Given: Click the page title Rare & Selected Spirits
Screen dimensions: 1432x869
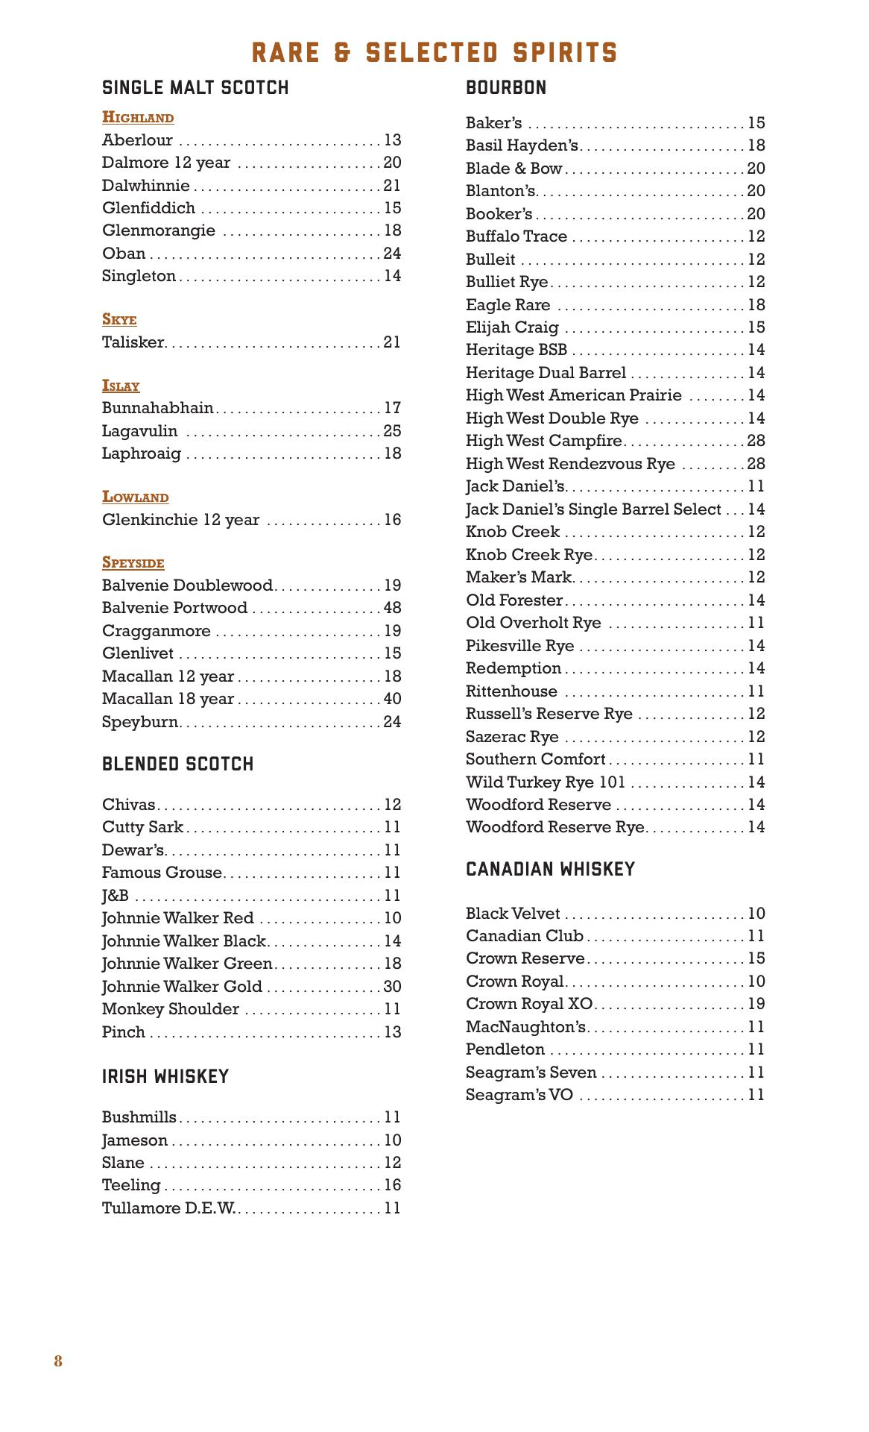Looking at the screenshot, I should [434, 53].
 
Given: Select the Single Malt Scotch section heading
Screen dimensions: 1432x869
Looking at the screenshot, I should [195, 88].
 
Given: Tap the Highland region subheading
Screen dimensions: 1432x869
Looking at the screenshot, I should [138, 118].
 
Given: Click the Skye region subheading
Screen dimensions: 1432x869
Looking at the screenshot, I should [119, 320].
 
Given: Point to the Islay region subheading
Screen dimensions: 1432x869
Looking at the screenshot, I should [121, 386].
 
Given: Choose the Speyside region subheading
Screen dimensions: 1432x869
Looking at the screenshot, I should [133, 563].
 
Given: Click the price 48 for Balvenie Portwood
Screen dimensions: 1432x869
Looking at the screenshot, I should [392, 608].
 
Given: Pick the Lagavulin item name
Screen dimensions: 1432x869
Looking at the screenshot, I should [140, 431].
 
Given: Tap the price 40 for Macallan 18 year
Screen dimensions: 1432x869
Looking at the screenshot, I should [392, 699].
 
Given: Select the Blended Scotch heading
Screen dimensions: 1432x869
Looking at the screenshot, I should [177, 764].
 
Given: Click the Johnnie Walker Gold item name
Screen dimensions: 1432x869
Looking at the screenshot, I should [182, 987].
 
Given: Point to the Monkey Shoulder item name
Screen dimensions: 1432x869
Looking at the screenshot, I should [171, 1009].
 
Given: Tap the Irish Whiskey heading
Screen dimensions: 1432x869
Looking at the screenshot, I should [165, 1077].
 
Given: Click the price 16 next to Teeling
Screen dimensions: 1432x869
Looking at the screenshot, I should [392, 1185].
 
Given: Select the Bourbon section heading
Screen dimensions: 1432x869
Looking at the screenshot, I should [506, 88].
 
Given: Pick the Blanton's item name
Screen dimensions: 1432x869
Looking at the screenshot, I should [501, 191].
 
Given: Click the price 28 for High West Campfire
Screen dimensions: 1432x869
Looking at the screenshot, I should [756, 441].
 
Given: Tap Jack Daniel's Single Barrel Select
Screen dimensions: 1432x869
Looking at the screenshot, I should [593, 509].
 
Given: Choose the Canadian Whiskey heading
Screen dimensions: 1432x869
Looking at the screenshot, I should [550, 870].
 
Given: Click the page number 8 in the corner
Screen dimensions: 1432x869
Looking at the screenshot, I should [58, 1361].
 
